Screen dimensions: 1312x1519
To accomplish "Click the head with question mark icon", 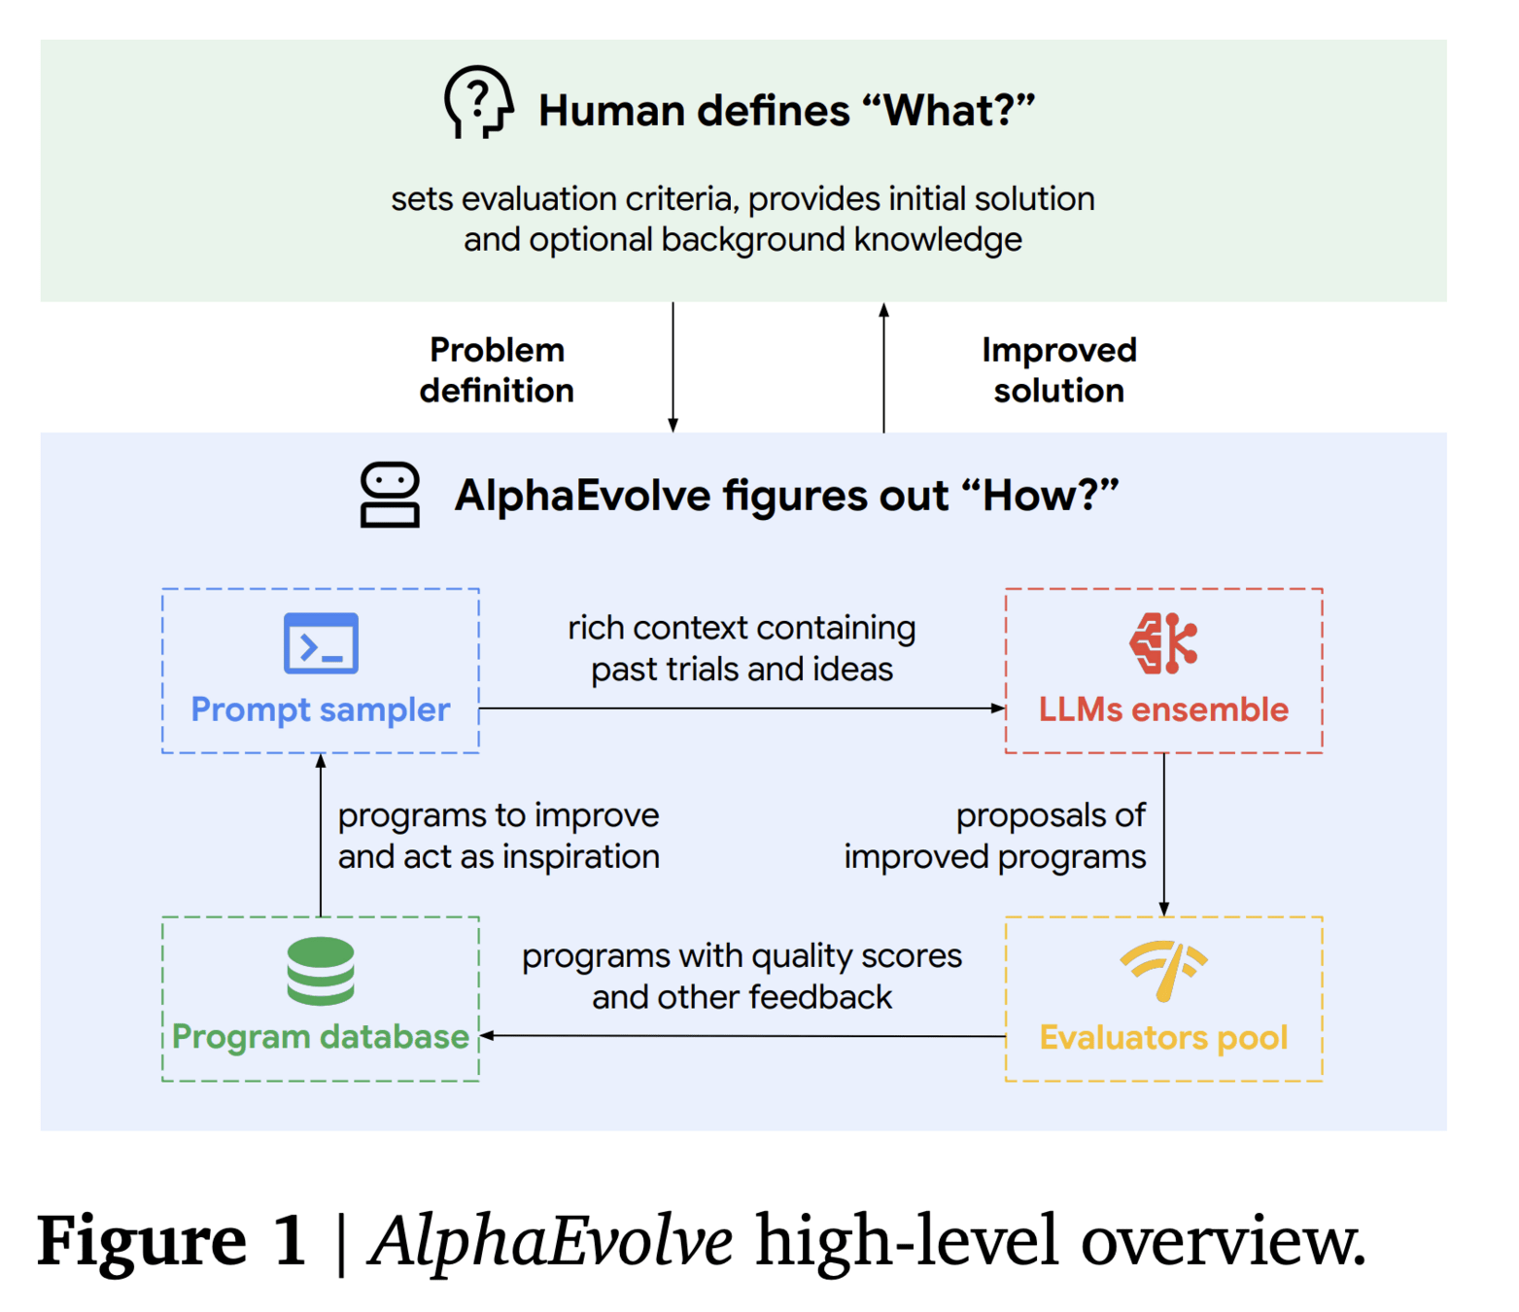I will tap(478, 103).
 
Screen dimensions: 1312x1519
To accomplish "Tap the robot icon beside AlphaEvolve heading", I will tap(390, 495).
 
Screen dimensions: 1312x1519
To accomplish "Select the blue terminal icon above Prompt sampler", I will tap(321, 643).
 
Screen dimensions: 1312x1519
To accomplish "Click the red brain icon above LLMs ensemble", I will tap(1163, 643).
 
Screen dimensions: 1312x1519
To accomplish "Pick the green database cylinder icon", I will tap(321, 971).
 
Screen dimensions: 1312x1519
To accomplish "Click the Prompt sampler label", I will tap(321, 709).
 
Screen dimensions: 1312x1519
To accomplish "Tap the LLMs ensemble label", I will tap(1163, 709).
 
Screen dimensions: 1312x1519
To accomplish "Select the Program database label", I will tap(321, 1037).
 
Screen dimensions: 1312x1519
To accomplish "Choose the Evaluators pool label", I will tap(1163, 1038).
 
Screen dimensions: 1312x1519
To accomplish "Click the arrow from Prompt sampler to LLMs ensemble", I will tap(742, 708).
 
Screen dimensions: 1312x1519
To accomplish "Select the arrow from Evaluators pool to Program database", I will tap(742, 1036).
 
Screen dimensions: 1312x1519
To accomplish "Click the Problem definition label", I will tap(497, 370).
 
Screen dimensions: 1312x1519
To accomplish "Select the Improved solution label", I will tap(1058, 370).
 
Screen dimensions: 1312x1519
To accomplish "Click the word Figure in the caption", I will tap(142, 1241).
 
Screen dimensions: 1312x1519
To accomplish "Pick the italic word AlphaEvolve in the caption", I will tap(551, 1241).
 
